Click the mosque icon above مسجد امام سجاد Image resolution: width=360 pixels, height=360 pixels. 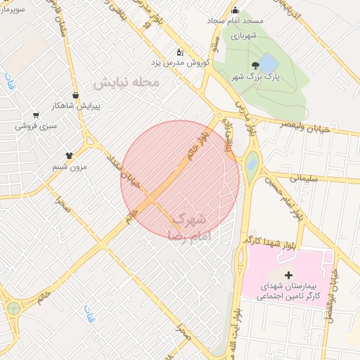[x=235, y=10]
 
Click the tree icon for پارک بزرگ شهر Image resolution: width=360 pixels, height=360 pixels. [x=244, y=64]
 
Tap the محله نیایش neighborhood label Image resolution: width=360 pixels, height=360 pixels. [x=127, y=82]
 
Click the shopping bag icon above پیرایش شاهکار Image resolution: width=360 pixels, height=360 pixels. [x=75, y=95]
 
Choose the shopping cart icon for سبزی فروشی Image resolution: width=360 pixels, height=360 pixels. [x=35, y=115]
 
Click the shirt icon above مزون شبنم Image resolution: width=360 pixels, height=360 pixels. [x=69, y=155]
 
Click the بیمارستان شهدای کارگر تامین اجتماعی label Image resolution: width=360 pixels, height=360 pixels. [x=289, y=292]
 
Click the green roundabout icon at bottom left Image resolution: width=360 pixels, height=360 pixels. [x=13, y=308]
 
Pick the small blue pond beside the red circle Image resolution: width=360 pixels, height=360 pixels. [x=252, y=165]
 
